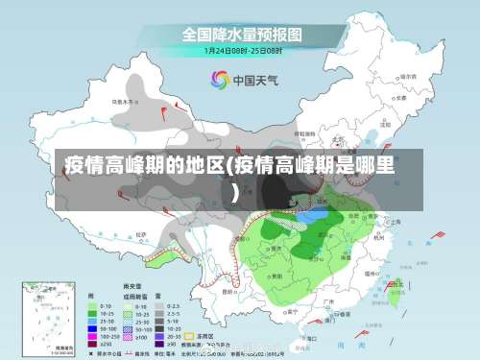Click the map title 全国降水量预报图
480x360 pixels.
coord(241,35)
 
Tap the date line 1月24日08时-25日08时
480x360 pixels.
coord(241,50)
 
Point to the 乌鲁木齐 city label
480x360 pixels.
coord(125,100)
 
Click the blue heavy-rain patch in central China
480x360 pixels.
coord(311,218)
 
